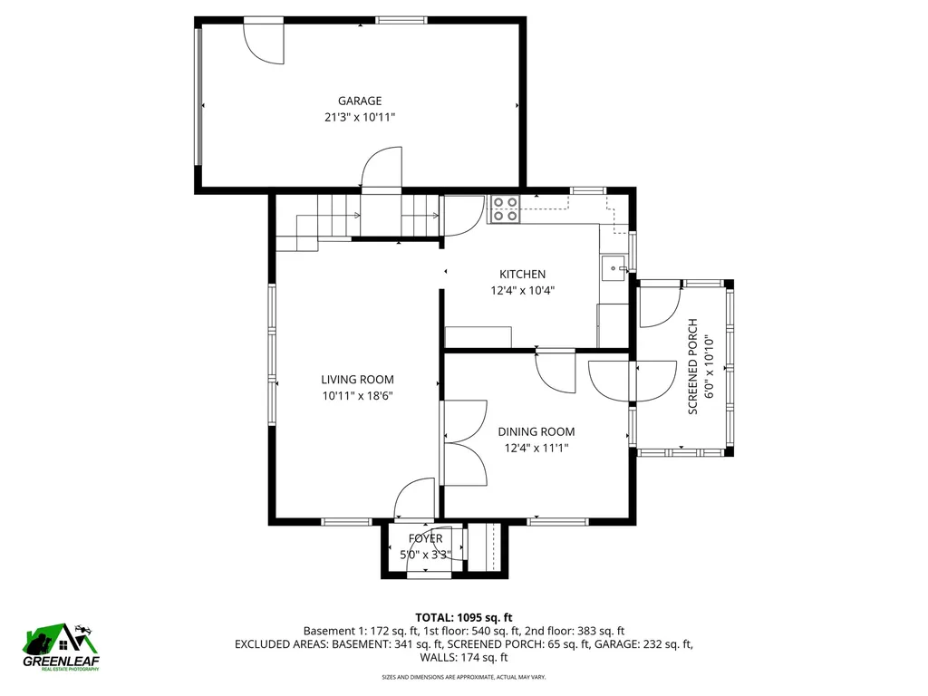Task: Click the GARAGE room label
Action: pos(360,101)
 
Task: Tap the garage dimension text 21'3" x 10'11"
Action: pos(360,117)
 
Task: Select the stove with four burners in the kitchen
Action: pos(505,209)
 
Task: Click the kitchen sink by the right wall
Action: pos(614,268)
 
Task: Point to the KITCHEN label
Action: pos(522,274)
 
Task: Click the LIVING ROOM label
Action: pos(357,380)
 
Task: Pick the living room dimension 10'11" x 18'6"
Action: pos(357,395)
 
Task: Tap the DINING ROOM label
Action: pos(536,431)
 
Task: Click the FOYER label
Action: pos(425,538)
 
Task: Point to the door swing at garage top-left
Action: pos(263,42)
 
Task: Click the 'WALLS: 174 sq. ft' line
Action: pos(463,658)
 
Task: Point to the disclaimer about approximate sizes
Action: pos(463,677)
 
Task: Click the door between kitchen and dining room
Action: pos(556,371)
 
